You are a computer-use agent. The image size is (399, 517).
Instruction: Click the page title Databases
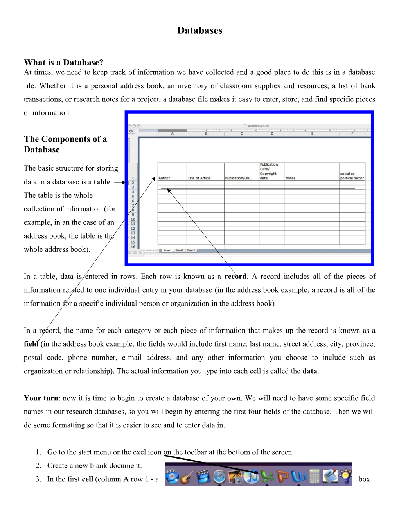tap(199, 31)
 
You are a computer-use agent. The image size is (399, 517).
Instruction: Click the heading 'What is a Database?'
tap(63, 62)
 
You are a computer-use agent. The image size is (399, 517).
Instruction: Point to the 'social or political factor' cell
tap(352, 176)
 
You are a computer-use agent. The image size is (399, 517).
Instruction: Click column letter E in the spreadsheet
tap(312, 134)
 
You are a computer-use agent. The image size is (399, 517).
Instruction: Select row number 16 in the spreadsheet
tap(133, 247)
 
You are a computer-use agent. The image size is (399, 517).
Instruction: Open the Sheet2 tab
tap(179, 251)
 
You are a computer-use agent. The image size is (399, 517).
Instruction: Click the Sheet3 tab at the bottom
tap(191, 251)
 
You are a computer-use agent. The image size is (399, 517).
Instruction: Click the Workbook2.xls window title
tap(258, 126)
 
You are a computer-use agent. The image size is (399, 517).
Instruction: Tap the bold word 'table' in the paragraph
tap(102, 182)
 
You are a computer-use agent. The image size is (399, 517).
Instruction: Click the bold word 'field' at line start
tap(31, 344)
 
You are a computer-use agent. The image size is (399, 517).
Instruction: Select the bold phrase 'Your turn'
tap(41, 398)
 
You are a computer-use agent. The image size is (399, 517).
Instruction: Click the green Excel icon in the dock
tap(267, 476)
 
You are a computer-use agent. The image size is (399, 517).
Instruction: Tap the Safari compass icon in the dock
tap(219, 476)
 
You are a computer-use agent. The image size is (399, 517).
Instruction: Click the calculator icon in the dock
tap(315, 476)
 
